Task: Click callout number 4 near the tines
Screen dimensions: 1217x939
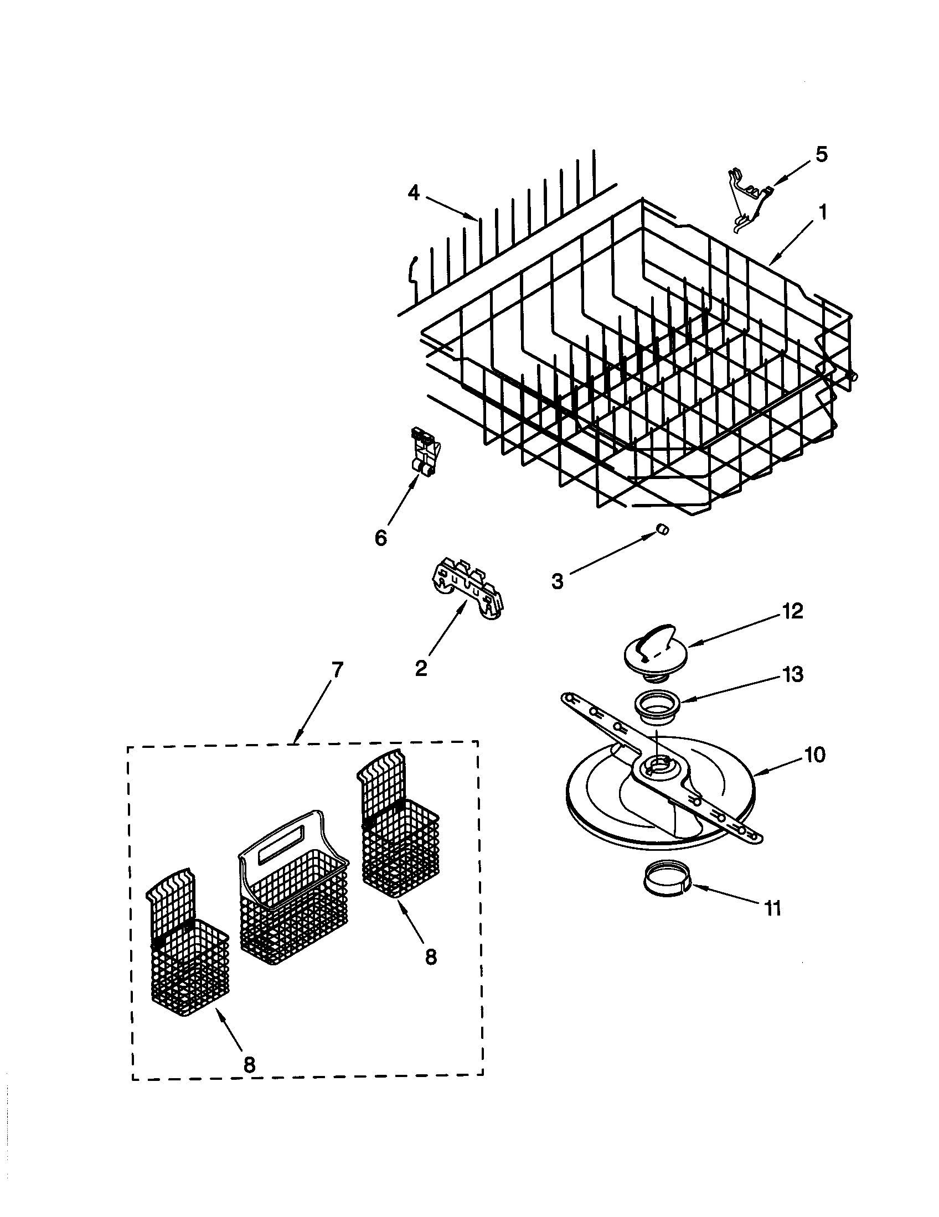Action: coord(412,193)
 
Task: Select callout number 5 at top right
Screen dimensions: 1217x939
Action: coord(821,154)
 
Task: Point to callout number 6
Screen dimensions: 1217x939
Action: coord(380,538)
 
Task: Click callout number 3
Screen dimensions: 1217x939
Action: coord(557,581)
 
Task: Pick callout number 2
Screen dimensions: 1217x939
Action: coord(421,668)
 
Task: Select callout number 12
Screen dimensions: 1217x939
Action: coord(792,611)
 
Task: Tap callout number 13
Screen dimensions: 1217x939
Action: coord(792,674)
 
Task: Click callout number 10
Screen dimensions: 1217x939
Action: coord(814,756)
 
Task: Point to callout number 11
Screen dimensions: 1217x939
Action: coord(772,909)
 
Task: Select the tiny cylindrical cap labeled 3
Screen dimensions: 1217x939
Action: coord(662,529)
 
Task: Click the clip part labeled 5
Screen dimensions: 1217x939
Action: coord(750,198)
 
